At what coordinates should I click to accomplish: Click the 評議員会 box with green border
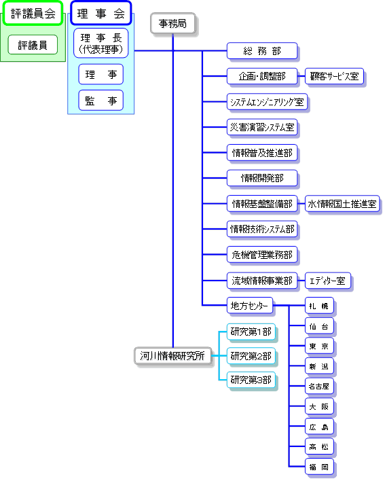33,13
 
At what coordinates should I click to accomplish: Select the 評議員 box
33,45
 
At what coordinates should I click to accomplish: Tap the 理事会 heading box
100,13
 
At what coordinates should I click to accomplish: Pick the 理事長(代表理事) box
100,43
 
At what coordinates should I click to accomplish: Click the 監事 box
100,100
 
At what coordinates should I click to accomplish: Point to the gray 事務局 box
172,23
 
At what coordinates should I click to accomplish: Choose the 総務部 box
262,51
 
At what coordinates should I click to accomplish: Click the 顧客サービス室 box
334,76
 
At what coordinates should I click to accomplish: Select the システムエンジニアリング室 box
267,102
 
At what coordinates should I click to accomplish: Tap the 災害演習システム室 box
262,127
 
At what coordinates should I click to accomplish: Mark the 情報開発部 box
262,178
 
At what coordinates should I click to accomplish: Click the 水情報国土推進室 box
342,204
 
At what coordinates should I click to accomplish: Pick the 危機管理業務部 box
262,255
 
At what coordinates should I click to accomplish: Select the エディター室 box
328,281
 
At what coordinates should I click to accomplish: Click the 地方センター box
250,306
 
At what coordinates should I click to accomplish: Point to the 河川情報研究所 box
172,355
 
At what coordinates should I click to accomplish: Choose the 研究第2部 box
251,356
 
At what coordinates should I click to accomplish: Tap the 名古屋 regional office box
319,386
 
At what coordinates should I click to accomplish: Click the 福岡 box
319,467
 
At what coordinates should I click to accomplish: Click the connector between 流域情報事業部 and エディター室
301,281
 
